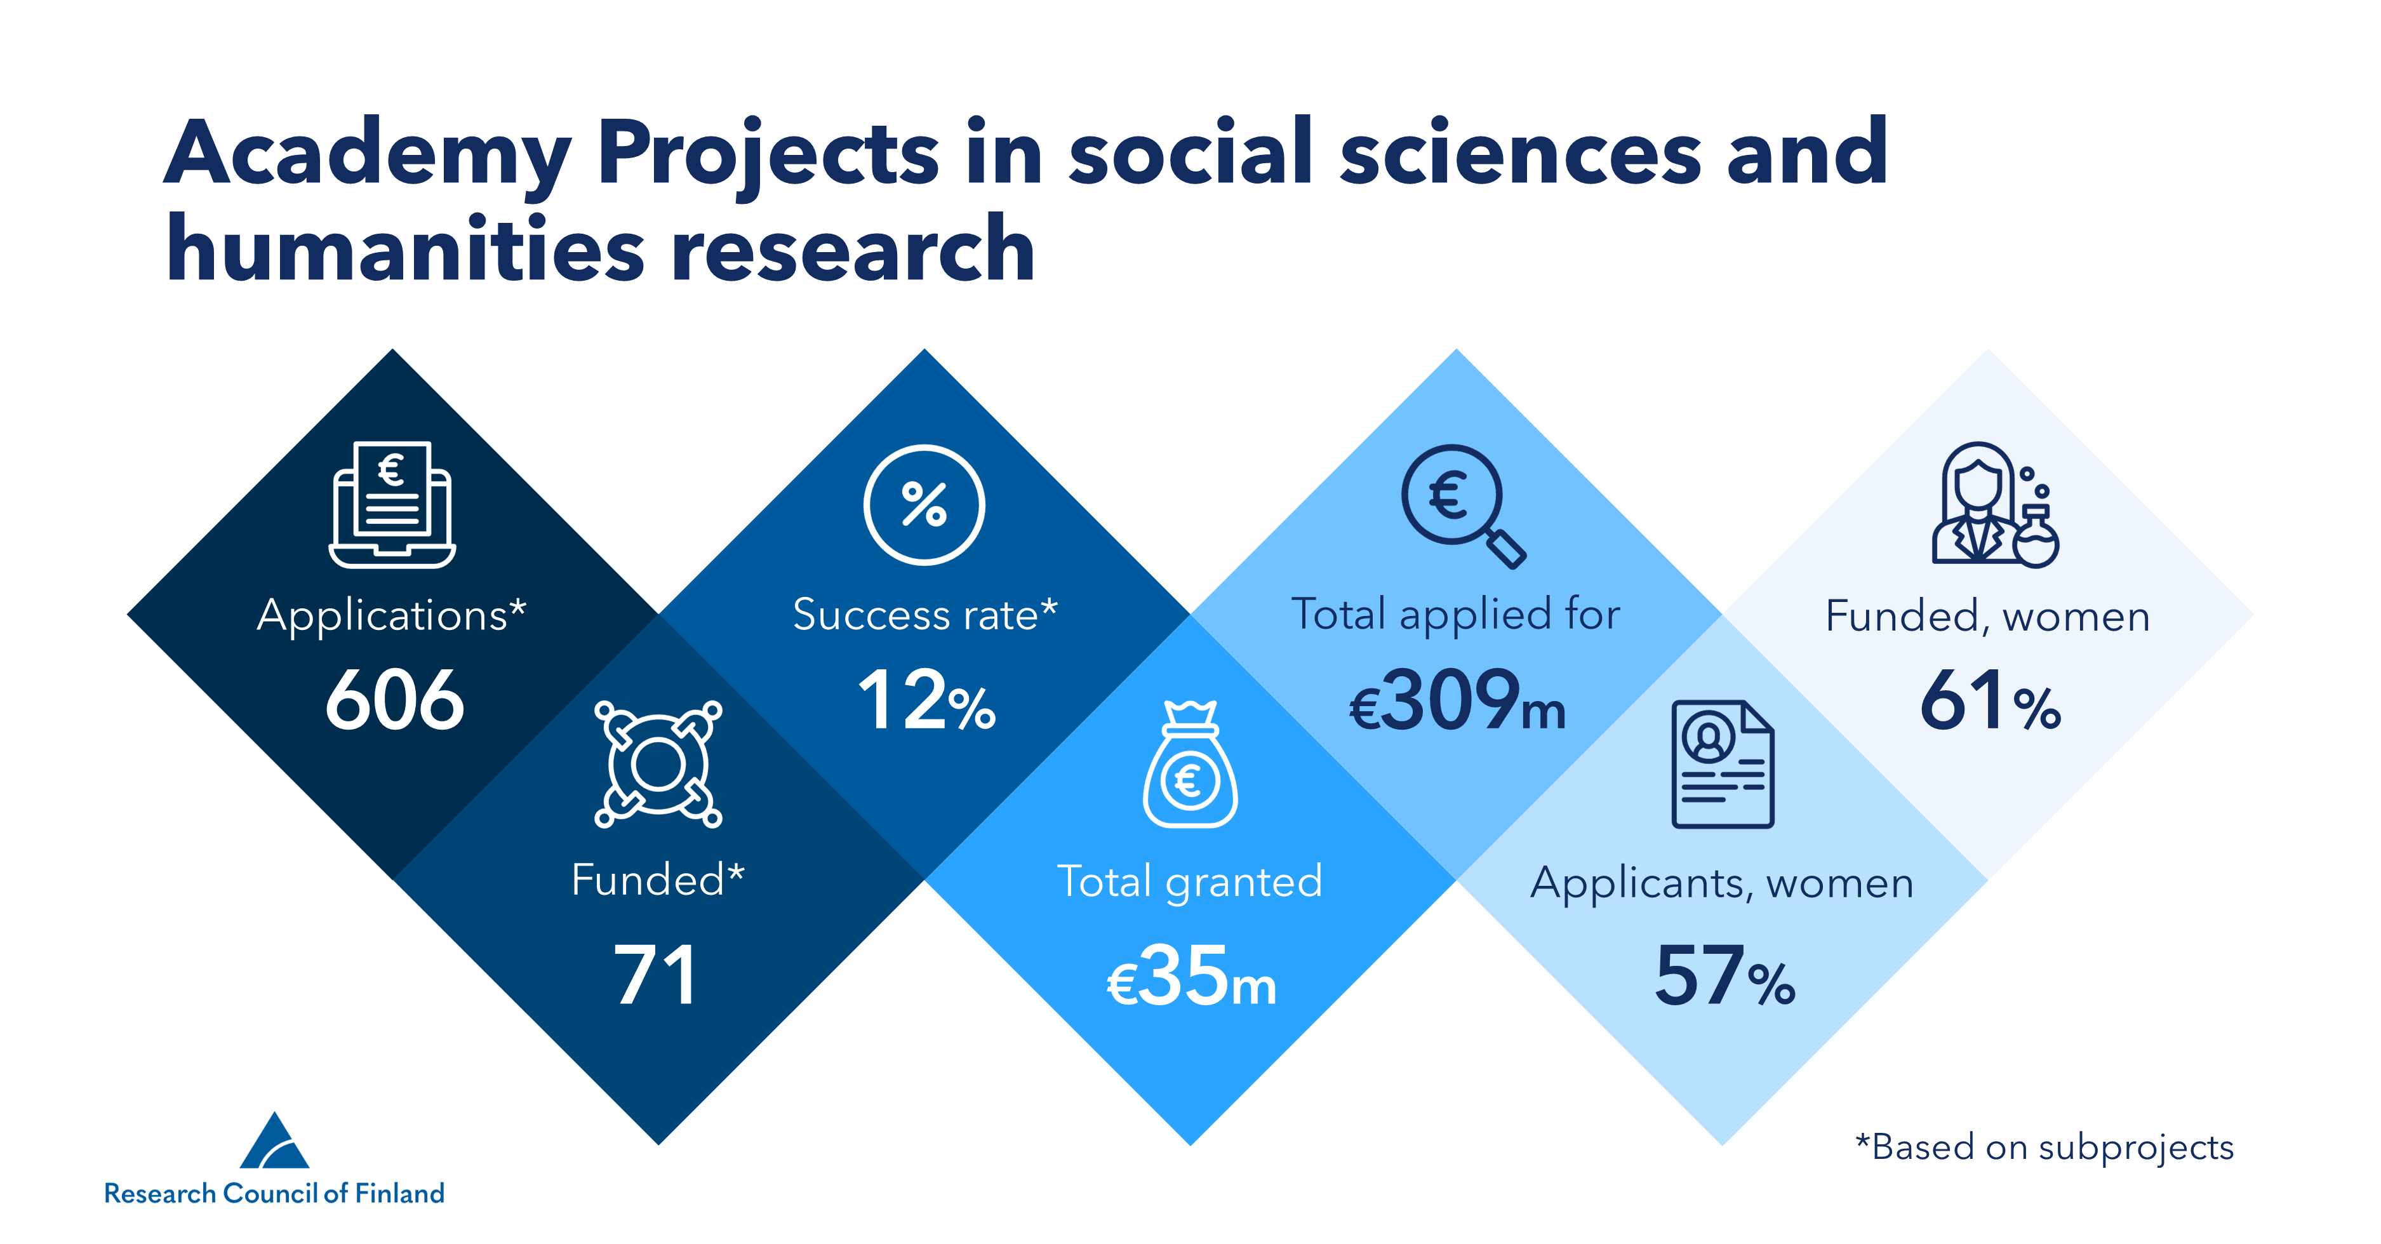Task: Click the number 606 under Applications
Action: click(395, 700)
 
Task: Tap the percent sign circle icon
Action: click(924, 505)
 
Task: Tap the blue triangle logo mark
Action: click(274, 1142)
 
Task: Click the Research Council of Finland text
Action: click(274, 1193)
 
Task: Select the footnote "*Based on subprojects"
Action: click(2044, 1147)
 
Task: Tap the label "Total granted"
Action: click(1190, 881)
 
